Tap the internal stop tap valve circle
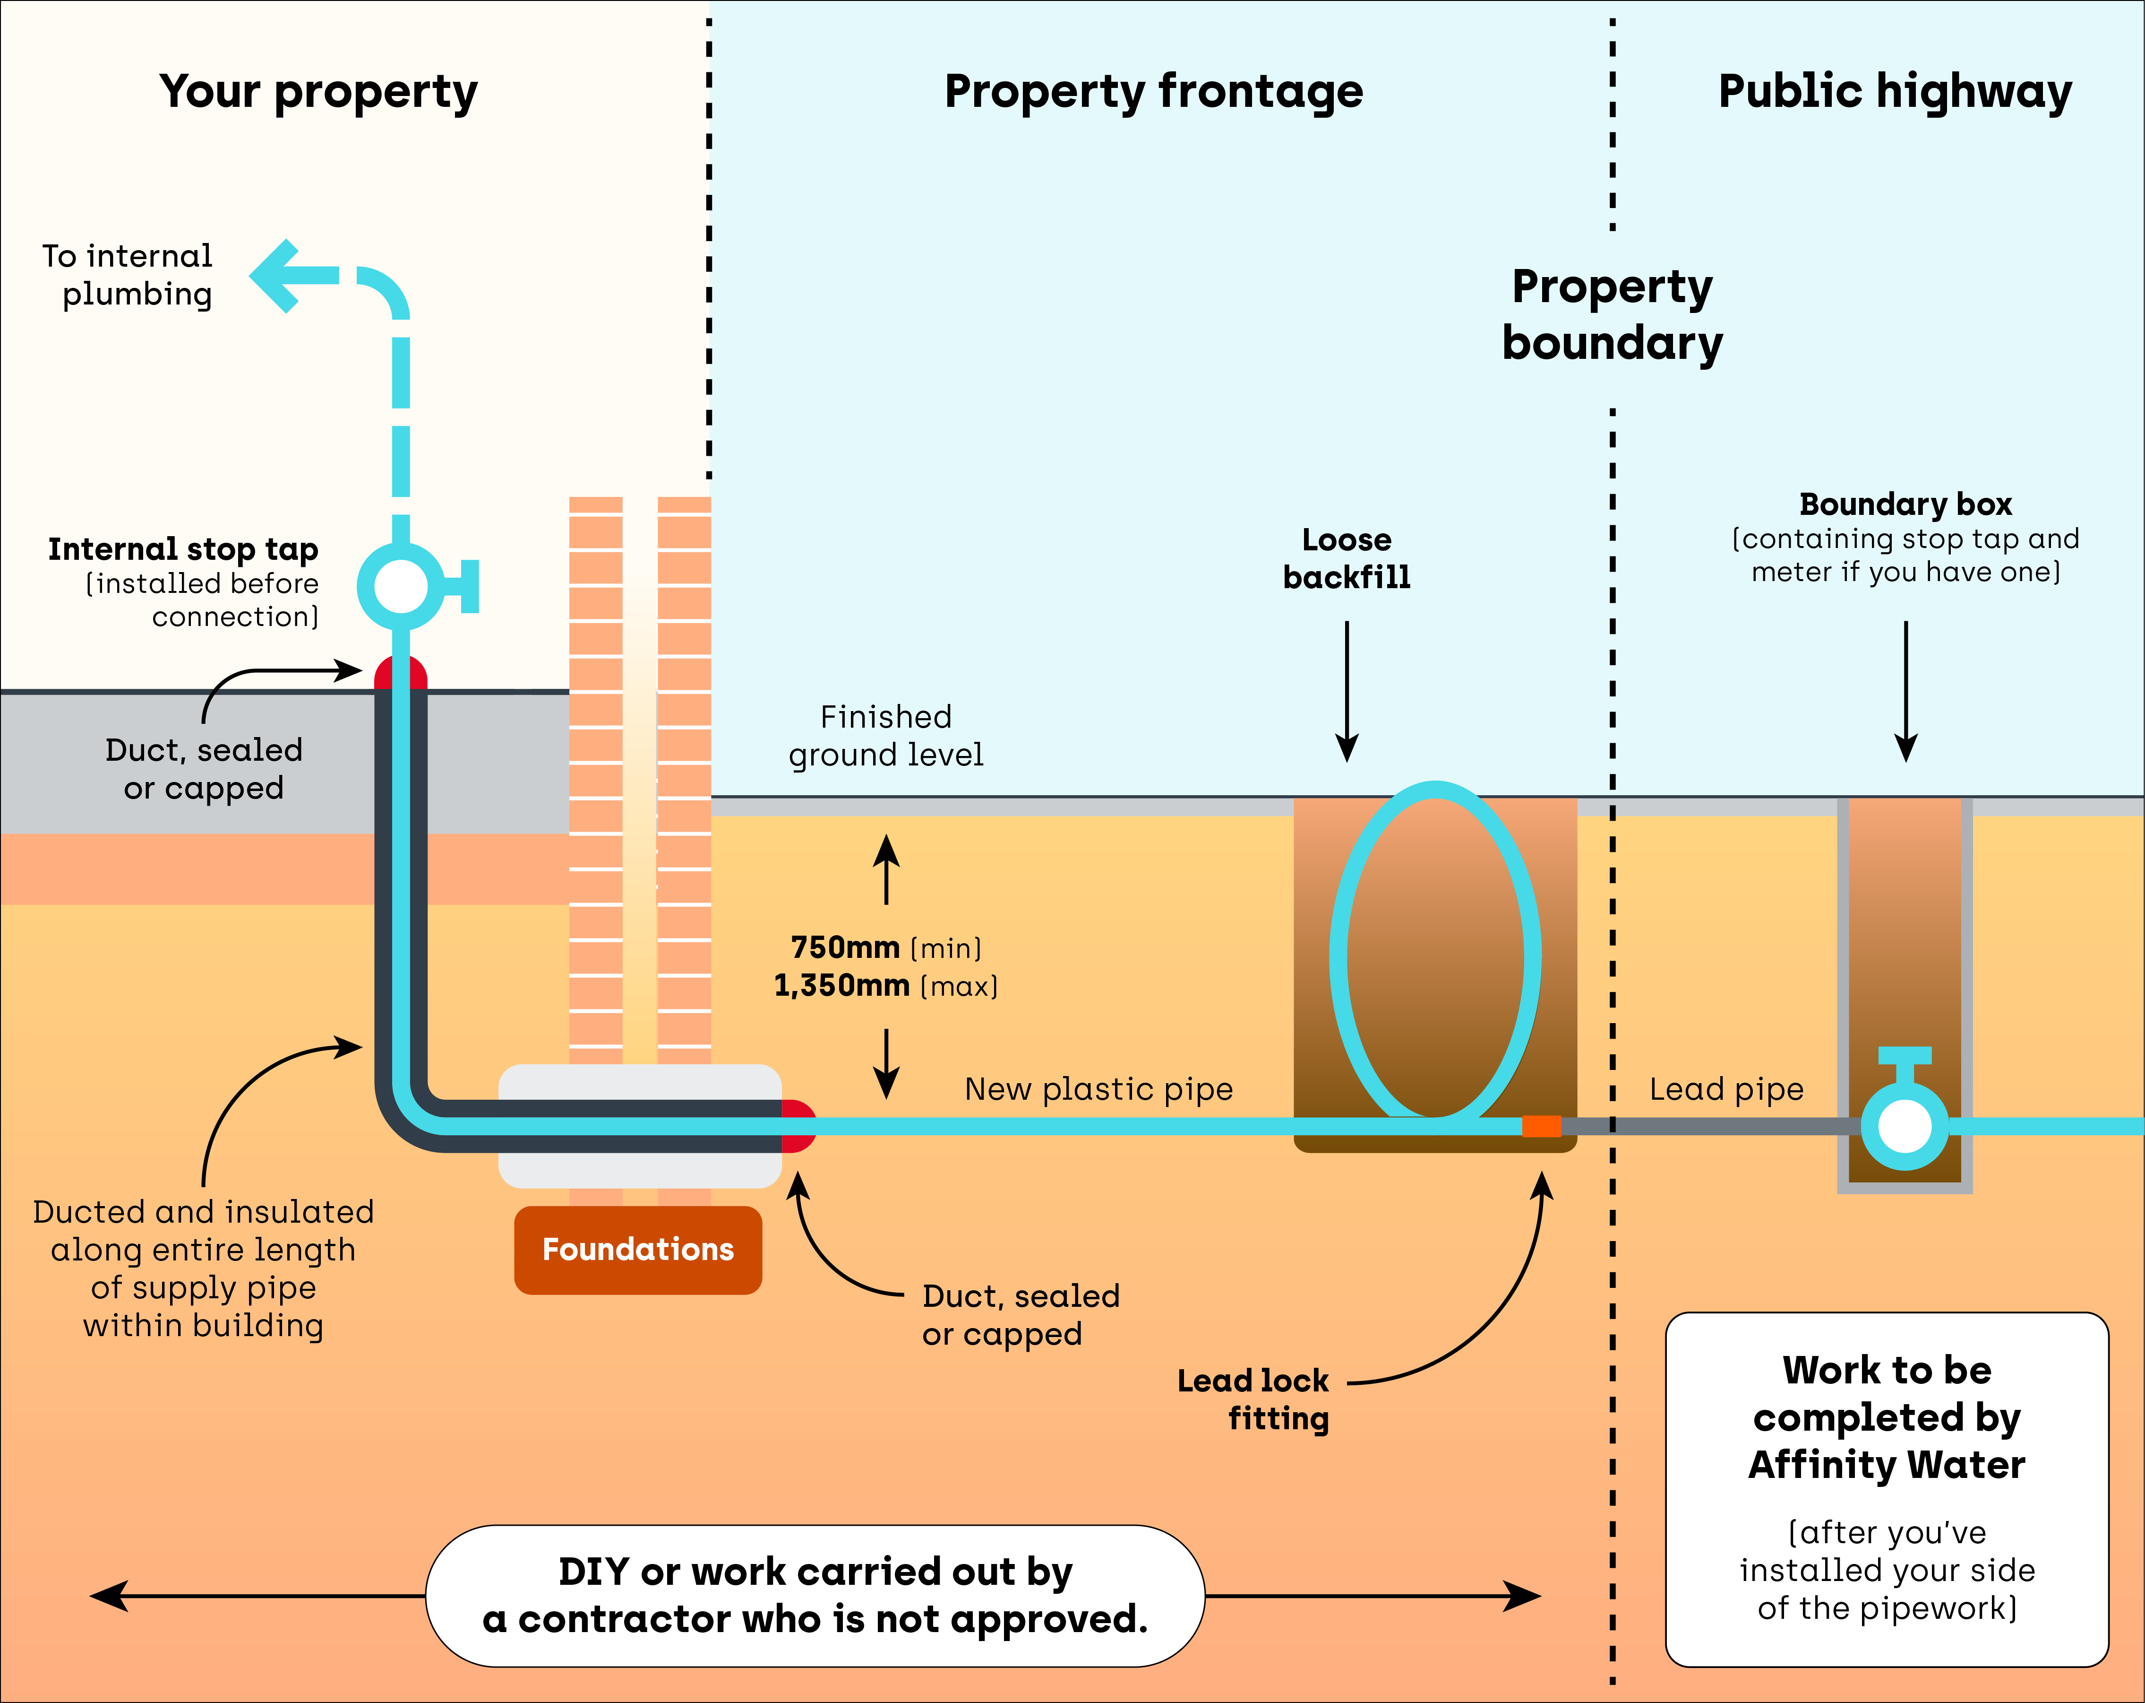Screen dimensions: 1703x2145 point(401,586)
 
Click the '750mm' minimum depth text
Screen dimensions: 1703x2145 point(845,947)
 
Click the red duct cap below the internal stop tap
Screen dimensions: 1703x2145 point(401,674)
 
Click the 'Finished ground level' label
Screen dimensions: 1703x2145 point(885,736)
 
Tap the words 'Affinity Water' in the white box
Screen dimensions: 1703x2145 point(1887,1465)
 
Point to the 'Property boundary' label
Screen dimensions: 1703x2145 point(1612,314)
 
